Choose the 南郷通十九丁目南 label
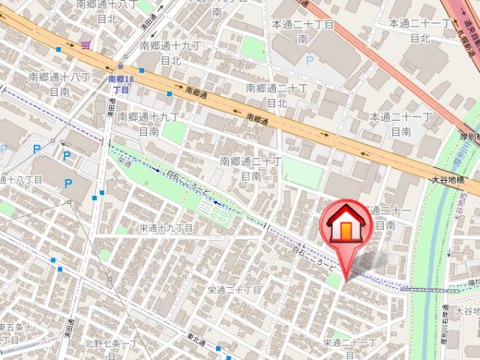coord(148,123)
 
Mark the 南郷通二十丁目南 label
coord(250,169)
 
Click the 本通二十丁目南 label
coord(302,31)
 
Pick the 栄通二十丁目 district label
coord(235,290)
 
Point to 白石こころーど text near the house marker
coord(309,254)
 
